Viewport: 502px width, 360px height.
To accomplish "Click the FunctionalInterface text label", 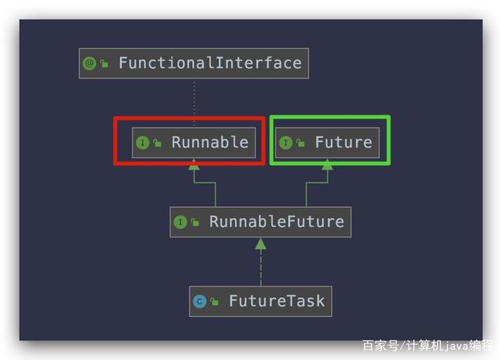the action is point(209,64).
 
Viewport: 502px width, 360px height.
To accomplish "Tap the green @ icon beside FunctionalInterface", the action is point(89,64).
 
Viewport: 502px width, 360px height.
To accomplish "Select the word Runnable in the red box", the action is point(209,143).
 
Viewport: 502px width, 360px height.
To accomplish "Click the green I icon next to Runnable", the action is point(143,143).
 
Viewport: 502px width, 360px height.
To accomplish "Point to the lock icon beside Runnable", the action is point(158,143).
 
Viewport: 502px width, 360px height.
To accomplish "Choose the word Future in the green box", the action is point(344,143).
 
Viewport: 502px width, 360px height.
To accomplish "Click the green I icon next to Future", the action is point(286,143).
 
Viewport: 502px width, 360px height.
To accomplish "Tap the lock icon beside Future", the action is point(300,143).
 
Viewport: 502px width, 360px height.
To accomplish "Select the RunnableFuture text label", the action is point(276,222).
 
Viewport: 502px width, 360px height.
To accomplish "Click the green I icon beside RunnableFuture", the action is point(180,222).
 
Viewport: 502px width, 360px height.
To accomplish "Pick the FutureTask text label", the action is point(276,301).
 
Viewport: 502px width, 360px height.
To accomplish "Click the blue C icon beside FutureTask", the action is point(200,301).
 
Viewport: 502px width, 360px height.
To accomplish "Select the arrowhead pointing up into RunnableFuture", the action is point(260,244).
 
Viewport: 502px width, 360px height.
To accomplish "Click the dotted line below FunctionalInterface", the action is point(194,102).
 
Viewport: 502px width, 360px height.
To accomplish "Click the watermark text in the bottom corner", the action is point(427,344).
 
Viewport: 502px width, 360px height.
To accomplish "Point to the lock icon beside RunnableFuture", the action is point(195,222).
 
